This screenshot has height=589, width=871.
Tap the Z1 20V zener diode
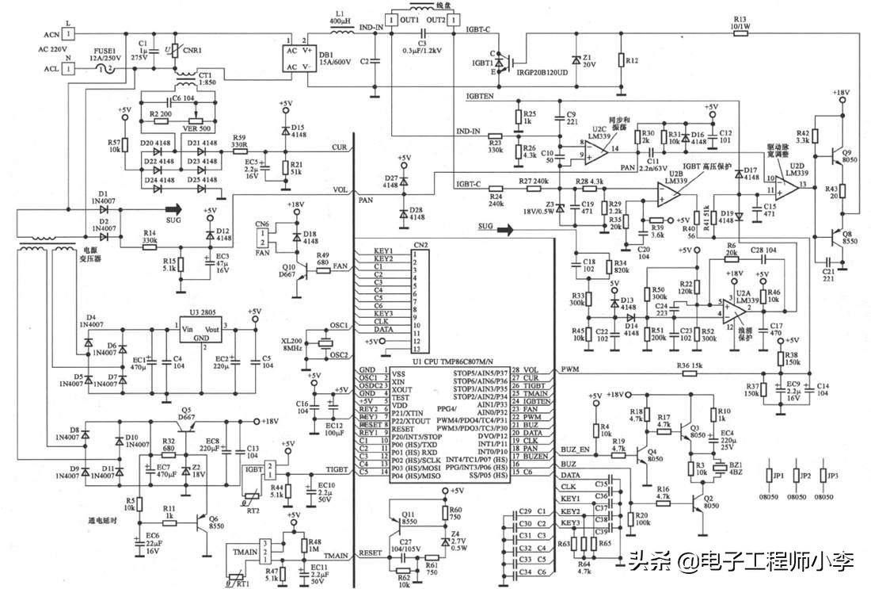pyautogui.click(x=575, y=60)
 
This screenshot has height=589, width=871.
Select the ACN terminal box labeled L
pyautogui.click(x=70, y=34)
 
